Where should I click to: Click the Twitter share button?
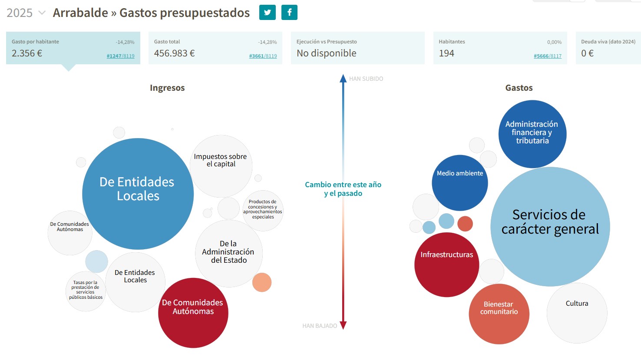pos(267,13)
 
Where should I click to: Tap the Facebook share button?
pos(289,13)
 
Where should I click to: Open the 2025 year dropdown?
pos(26,13)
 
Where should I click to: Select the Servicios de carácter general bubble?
pos(550,226)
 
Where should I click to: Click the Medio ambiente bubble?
pos(459,183)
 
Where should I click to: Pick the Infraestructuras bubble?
pos(446,264)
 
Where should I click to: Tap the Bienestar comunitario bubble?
pos(499,314)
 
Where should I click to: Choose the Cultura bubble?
pos(577,313)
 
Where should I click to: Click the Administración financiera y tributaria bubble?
pos(532,134)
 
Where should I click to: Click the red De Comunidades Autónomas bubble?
pos(193,313)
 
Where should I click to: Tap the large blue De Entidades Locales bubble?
pos(138,193)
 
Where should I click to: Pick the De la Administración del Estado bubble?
pos(228,253)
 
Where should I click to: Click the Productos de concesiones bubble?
pos(263,210)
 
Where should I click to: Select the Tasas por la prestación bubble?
pos(86,291)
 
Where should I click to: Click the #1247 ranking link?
pos(114,56)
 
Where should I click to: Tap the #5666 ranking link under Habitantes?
pos(541,56)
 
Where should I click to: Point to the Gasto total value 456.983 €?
pos(174,53)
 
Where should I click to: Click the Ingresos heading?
pos(167,88)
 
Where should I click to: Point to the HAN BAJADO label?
pos(320,326)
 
